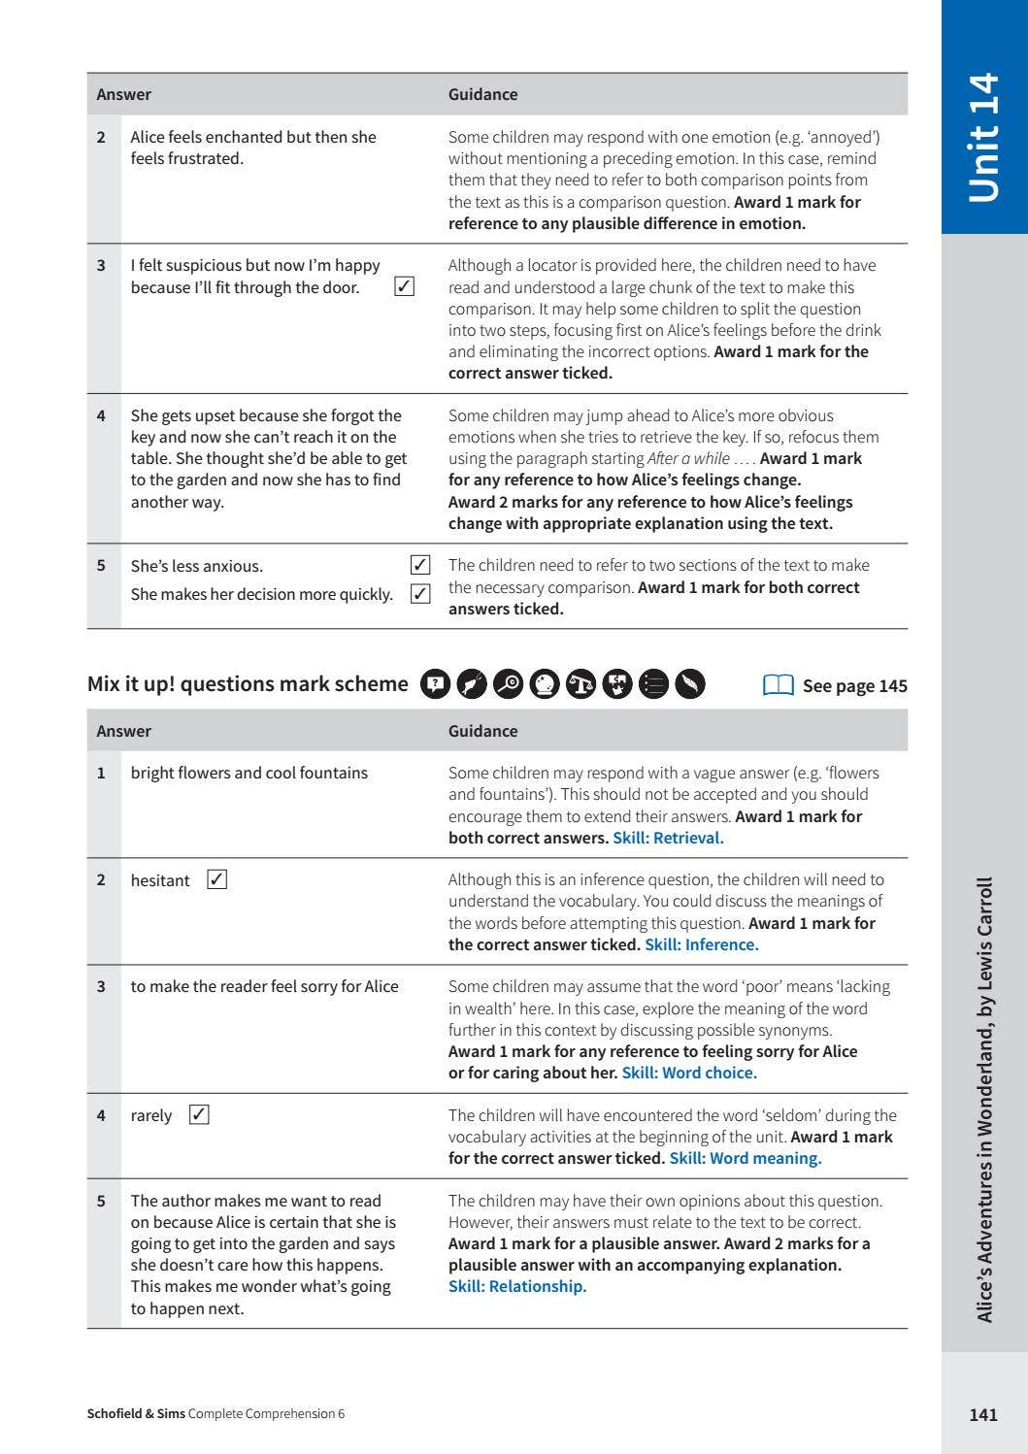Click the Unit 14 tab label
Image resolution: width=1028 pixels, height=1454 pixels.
(984, 137)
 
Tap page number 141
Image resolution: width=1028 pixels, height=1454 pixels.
(982, 1414)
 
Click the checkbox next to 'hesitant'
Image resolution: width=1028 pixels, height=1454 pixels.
(217, 879)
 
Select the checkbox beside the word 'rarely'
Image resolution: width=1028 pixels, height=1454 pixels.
(199, 1114)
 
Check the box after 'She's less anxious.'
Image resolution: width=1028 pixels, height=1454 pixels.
(420, 565)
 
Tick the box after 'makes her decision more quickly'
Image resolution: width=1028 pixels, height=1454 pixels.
(420, 594)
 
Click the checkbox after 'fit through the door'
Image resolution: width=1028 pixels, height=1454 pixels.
(406, 286)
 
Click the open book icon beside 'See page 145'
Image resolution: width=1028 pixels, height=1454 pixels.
(779, 685)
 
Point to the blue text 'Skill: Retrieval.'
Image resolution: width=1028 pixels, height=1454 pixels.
(668, 838)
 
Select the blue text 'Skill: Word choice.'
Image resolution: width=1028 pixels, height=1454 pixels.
(689, 1073)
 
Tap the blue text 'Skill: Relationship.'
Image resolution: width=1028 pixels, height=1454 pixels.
(517, 1286)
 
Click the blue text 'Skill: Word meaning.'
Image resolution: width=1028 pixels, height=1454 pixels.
(745, 1158)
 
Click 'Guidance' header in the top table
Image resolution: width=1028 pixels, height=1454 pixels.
(482, 94)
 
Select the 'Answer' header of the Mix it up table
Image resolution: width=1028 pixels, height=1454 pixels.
(123, 731)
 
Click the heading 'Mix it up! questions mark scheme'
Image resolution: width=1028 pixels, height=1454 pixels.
(248, 683)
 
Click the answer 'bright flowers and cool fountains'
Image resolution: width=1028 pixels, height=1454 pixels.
(249, 773)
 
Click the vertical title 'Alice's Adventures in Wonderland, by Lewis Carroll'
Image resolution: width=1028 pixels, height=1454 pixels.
(984, 1100)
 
